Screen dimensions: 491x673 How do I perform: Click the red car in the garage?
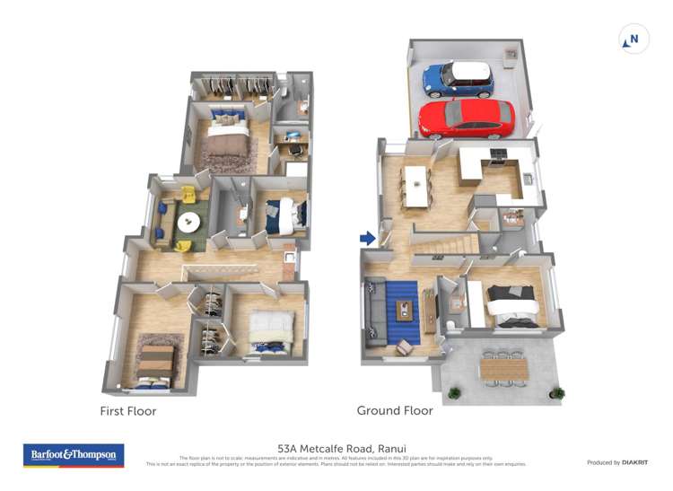pos(466,118)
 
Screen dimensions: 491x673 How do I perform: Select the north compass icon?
pos(634,39)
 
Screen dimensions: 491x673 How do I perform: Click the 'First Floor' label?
pos(127,411)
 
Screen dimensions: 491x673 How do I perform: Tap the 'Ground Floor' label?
pos(395,410)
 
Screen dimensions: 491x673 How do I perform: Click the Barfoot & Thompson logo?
pos(74,455)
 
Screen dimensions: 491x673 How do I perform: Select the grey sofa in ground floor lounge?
pos(375,315)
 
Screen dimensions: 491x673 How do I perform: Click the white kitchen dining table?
pos(416,186)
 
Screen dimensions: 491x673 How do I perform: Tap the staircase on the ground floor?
pos(443,242)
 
